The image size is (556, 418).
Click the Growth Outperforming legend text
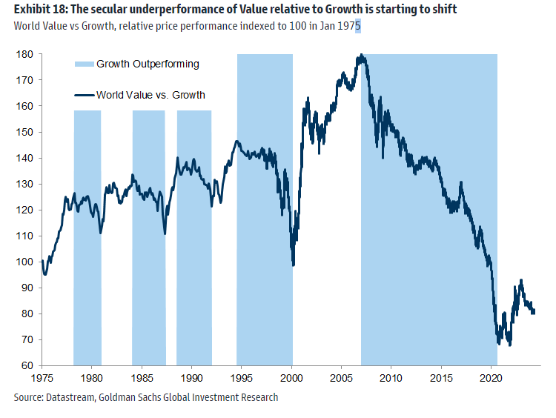click(148, 64)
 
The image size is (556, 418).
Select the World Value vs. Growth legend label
click(150, 95)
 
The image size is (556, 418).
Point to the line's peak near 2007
click(360, 56)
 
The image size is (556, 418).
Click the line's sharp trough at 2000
click(294, 265)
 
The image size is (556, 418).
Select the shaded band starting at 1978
click(87, 237)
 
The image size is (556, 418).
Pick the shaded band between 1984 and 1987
click(148, 237)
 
